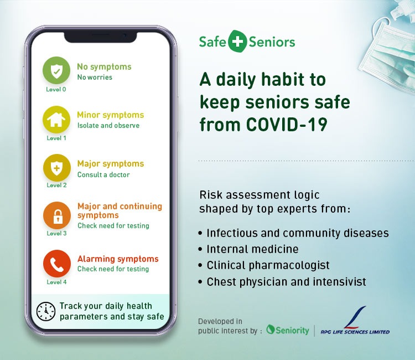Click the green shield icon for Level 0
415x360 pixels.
tap(56, 70)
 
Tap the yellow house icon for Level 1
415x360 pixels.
tap(56, 120)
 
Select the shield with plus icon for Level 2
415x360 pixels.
tap(56, 168)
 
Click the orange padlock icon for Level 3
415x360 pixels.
tap(57, 215)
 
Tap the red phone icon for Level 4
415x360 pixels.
tap(57, 264)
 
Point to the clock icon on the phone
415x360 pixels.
tap(46, 311)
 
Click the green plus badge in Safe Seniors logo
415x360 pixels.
tap(237, 42)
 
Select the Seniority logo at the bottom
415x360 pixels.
tap(287, 330)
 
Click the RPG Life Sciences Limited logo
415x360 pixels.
tap(355, 321)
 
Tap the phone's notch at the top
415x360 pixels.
tap(101, 37)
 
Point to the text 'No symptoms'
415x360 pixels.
tap(104, 67)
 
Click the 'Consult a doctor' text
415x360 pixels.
tap(103, 174)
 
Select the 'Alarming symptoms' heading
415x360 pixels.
tap(118, 259)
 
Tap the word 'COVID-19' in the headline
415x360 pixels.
tap(287, 124)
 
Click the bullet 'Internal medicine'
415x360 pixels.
tap(252, 249)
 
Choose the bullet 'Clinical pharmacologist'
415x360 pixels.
tap(268, 265)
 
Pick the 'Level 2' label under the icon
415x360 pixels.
tap(56, 185)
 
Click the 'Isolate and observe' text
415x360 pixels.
tap(108, 125)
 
